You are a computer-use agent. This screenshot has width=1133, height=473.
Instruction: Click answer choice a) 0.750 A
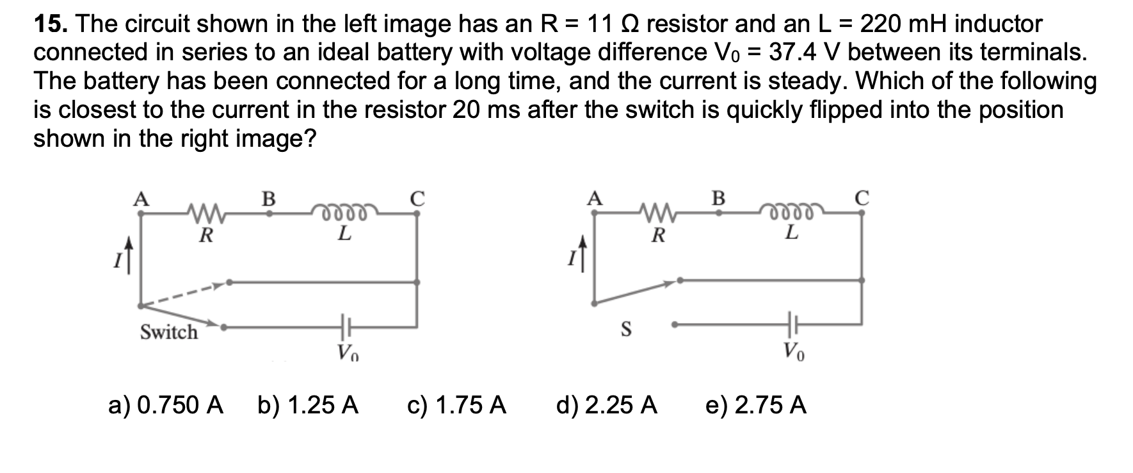166,405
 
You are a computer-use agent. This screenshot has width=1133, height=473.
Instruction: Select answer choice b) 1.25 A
308,405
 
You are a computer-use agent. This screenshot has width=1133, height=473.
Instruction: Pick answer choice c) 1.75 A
456,405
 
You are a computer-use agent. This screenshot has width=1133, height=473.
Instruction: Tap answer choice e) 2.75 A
755,405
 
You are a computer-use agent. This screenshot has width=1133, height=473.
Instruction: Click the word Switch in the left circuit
169,332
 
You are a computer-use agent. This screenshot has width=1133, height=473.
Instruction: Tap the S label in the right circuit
627,329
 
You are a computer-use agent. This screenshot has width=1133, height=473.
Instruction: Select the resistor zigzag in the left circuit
205,212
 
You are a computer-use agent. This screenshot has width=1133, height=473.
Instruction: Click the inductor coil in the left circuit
344,212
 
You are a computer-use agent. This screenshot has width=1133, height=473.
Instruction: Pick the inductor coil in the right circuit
792,212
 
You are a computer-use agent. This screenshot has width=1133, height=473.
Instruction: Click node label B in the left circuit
269,198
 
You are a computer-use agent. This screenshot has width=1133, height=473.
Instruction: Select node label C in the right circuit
862,198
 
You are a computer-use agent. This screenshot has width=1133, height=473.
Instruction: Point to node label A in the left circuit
140,198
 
